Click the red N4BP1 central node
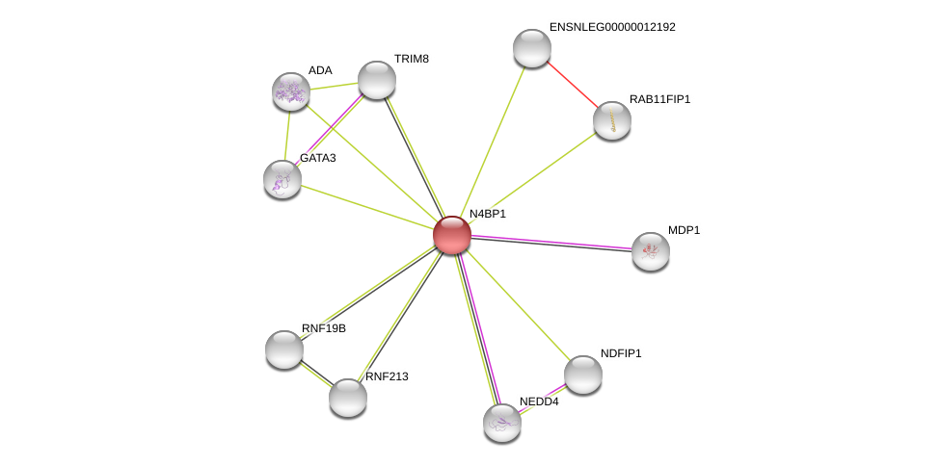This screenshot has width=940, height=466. [451, 235]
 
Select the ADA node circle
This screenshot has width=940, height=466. [290, 91]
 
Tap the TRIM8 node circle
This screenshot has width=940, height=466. [377, 80]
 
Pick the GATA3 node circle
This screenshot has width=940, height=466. [282, 179]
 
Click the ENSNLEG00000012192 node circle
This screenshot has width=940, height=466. [532, 48]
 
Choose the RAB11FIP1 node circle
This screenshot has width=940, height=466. [612, 120]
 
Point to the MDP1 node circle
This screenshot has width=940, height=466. [651, 251]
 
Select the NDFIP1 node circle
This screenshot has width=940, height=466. [583, 375]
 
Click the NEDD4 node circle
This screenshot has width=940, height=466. [502, 423]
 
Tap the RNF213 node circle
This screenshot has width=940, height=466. [348, 398]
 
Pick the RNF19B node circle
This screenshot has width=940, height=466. [284, 349]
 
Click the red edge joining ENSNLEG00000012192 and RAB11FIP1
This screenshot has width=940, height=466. [573, 85]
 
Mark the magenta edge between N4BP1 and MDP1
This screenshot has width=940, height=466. [554, 243]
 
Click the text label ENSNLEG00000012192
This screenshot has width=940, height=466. [612, 27]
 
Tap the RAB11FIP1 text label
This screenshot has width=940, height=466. [659, 99]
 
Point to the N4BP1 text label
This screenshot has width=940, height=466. [487, 214]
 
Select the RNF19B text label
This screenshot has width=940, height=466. [323, 328]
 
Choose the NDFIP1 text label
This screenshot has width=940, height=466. [620, 353]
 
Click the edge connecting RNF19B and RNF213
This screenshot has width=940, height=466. [316, 374]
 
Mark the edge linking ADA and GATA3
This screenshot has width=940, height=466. [286, 136]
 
